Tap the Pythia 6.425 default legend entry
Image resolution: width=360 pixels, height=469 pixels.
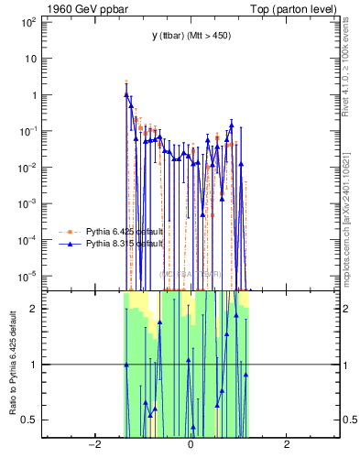pos(125,232)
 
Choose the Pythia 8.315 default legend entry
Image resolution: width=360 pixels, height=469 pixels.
pos(125,245)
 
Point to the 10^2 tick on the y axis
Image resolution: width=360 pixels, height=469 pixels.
pos(27,21)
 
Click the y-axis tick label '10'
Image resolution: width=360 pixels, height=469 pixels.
pos(29,58)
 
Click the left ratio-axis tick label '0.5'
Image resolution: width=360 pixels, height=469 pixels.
pos(28,420)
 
